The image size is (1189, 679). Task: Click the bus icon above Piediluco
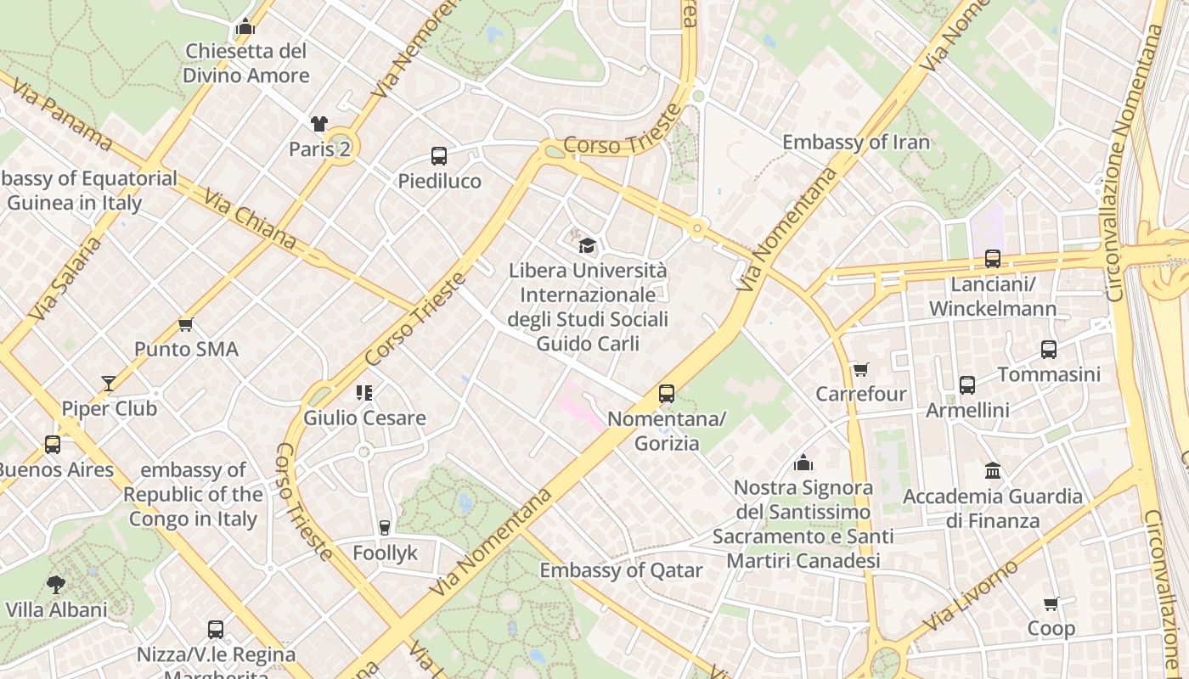(438, 156)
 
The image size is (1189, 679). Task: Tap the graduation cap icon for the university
(587, 246)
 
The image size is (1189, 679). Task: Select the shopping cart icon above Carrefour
(860, 369)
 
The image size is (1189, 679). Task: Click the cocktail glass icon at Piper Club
(109, 384)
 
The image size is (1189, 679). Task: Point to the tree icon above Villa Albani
(56, 585)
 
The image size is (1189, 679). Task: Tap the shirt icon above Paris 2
(319, 124)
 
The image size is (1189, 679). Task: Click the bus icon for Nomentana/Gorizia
(667, 394)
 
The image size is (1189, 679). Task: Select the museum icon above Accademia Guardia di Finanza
(992, 470)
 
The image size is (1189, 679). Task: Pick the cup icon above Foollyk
(384, 528)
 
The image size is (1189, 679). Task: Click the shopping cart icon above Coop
(1051, 604)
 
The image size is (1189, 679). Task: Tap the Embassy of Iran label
(856, 142)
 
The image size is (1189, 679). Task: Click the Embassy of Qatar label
(621, 570)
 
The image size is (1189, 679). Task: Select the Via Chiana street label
(250, 219)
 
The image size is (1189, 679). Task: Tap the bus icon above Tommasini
(1049, 350)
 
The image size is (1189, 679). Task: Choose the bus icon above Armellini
(967, 385)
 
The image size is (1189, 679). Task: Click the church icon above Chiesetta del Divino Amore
(245, 26)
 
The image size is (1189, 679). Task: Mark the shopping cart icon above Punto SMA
(186, 324)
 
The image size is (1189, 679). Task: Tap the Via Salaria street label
(65, 278)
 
